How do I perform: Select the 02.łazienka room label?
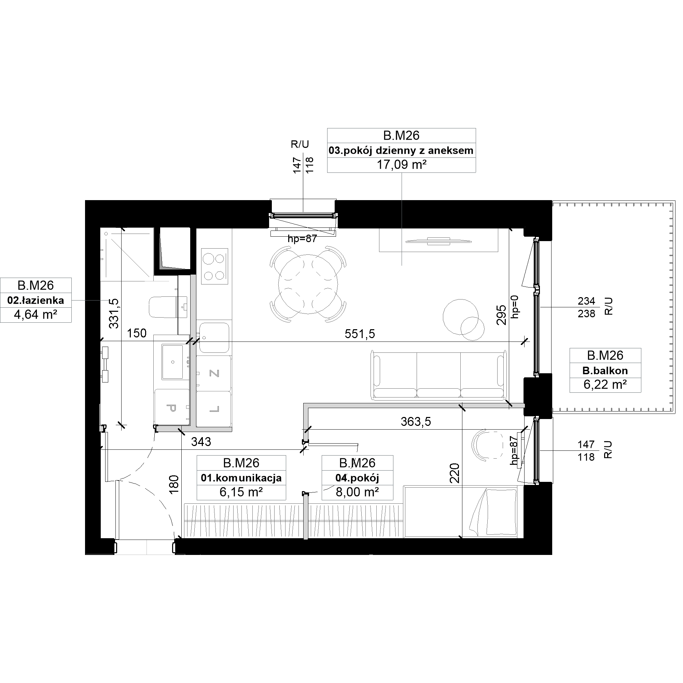[36, 301]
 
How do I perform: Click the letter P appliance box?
[172, 407]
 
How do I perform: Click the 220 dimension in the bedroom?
[455, 473]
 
